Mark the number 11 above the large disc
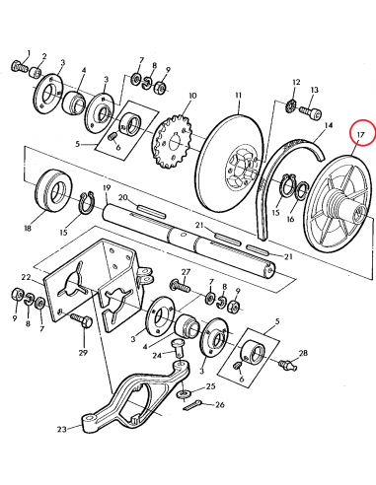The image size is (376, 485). pyautogui.click(x=237, y=97)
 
